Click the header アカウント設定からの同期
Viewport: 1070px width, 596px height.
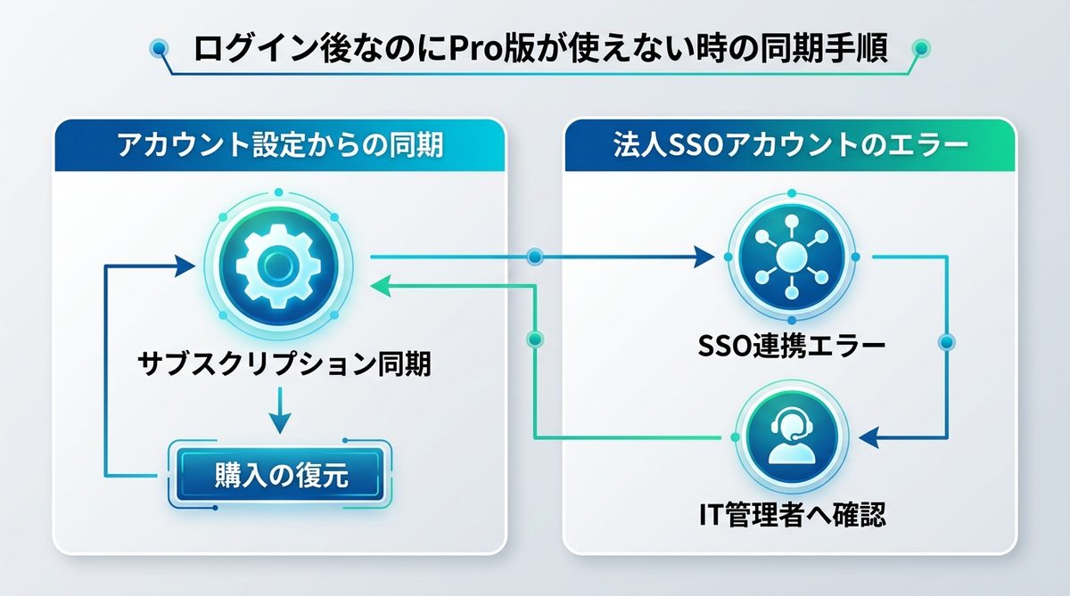pos(279,145)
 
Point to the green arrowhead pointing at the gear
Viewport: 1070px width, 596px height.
pos(379,285)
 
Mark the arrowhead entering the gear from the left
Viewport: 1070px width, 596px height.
pos(185,264)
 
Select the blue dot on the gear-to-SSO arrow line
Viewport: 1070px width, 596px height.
pos(534,258)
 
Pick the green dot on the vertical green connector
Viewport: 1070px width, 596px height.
pos(534,339)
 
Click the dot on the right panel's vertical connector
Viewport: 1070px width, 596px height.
pos(947,341)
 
